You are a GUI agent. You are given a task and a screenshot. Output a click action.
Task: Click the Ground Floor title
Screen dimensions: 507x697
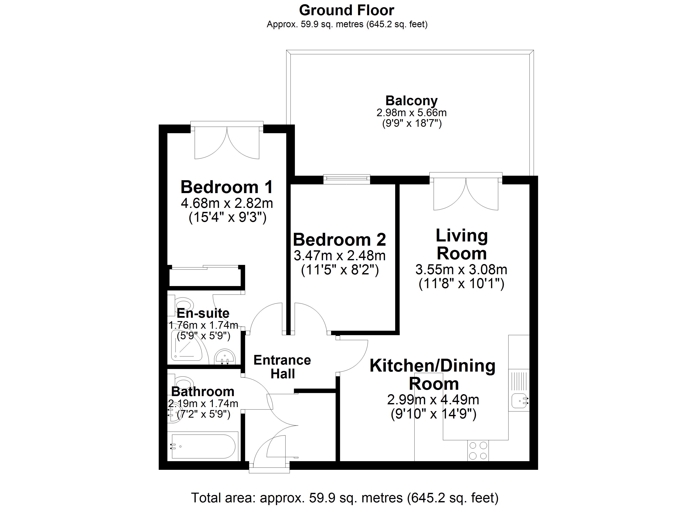point(346,10)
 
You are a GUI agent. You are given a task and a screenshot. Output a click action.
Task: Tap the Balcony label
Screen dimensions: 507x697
point(411,101)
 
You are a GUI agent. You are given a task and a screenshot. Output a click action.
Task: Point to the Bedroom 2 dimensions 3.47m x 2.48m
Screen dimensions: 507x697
point(340,255)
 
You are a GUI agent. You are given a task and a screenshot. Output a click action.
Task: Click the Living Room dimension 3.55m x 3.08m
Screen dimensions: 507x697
point(461,270)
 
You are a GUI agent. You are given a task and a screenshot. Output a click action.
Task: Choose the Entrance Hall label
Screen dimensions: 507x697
point(282,367)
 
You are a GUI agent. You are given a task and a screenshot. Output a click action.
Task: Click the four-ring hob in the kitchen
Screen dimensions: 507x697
point(478,450)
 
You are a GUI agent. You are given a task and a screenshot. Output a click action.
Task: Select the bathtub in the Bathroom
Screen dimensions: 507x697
point(203,446)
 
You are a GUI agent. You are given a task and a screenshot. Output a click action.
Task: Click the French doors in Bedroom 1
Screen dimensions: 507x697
point(227,141)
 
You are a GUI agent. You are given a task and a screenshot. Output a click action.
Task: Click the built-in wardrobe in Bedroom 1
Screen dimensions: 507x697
point(205,277)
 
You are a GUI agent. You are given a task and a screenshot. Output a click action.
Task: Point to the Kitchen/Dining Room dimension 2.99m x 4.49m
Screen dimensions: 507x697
point(433,400)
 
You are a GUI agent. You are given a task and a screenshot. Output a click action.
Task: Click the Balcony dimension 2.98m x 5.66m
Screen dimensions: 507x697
point(411,113)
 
